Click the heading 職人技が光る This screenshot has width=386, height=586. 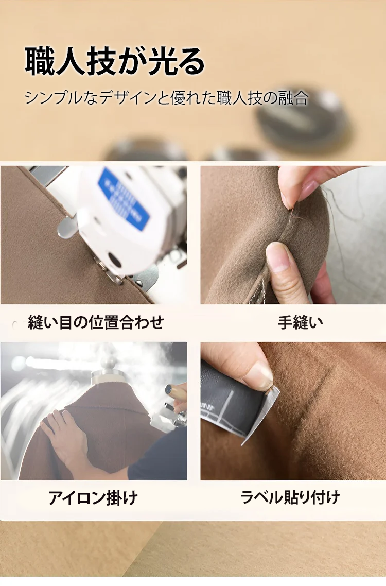115,61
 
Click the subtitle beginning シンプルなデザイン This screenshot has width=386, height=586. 167,98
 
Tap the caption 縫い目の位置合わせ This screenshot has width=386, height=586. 96,322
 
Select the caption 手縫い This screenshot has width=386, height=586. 301,322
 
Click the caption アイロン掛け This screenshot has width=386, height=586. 93,498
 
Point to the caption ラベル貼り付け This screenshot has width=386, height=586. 290,497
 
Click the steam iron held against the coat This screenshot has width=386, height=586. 169,410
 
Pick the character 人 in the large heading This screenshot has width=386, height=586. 69,61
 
